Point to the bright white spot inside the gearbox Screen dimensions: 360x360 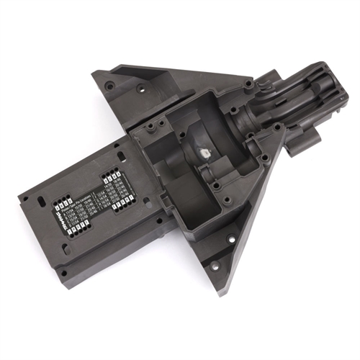(204, 153)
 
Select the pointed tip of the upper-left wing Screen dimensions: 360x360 (94, 73)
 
